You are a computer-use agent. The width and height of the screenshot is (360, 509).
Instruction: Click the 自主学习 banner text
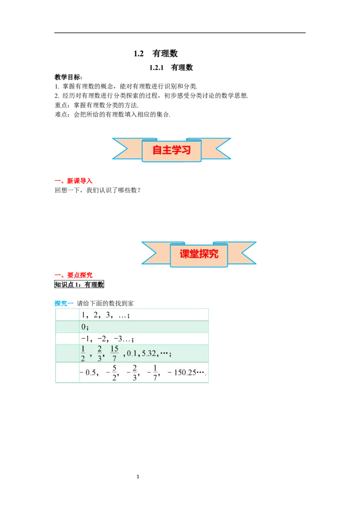(171, 150)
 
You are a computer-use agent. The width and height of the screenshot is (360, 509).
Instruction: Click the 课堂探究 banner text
(199, 254)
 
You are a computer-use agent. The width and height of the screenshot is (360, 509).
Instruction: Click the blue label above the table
(61, 303)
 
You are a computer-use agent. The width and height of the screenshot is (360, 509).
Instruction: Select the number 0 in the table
(84, 327)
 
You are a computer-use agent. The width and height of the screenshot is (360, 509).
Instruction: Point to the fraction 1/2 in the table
(83, 354)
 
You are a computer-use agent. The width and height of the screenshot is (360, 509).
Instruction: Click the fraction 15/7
(114, 354)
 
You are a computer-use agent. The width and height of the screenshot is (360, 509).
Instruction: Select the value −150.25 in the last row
(185, 373)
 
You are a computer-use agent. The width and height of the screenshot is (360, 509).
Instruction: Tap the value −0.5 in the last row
(88, 373)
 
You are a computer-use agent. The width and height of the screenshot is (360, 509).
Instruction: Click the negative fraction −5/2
(111, 373)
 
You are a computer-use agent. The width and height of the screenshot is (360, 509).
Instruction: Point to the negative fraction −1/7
(153, 373)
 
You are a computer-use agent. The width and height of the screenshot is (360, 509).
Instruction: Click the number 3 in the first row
(108, 315)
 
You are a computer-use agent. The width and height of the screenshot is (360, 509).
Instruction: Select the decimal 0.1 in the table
(131, 354)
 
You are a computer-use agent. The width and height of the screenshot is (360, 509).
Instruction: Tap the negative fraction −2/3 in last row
(132, 373)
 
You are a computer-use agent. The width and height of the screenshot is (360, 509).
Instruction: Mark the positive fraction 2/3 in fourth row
(99, 354)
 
